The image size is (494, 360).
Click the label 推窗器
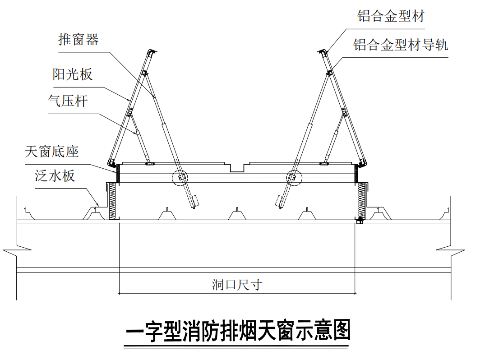pyautogui.click(x=78, y=40)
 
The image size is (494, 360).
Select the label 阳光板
pyautogui.click(x=73, y=74)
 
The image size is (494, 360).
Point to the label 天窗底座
pyautogui.click(x=52, y=152)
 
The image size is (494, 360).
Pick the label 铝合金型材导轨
pyautogui.click(x=401, y=45)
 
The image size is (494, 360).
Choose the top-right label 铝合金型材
pyautogui.click(x=391, y=17)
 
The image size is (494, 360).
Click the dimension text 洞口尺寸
pyautogui.click(x=237, y=285)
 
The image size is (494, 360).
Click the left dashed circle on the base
pyautogui.click(x=181, y=177)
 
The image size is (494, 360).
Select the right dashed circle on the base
pyautogui.click(x=294, y=177)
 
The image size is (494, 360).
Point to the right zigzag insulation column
pyautogui.click(x=361, y=201)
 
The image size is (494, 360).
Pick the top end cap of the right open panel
pyautogui.click(x=322, y=52)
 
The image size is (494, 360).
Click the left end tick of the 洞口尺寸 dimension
pyautogui.click(x=119, y=293)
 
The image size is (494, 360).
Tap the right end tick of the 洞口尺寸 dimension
pyautogui.click(x=355, y=293)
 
